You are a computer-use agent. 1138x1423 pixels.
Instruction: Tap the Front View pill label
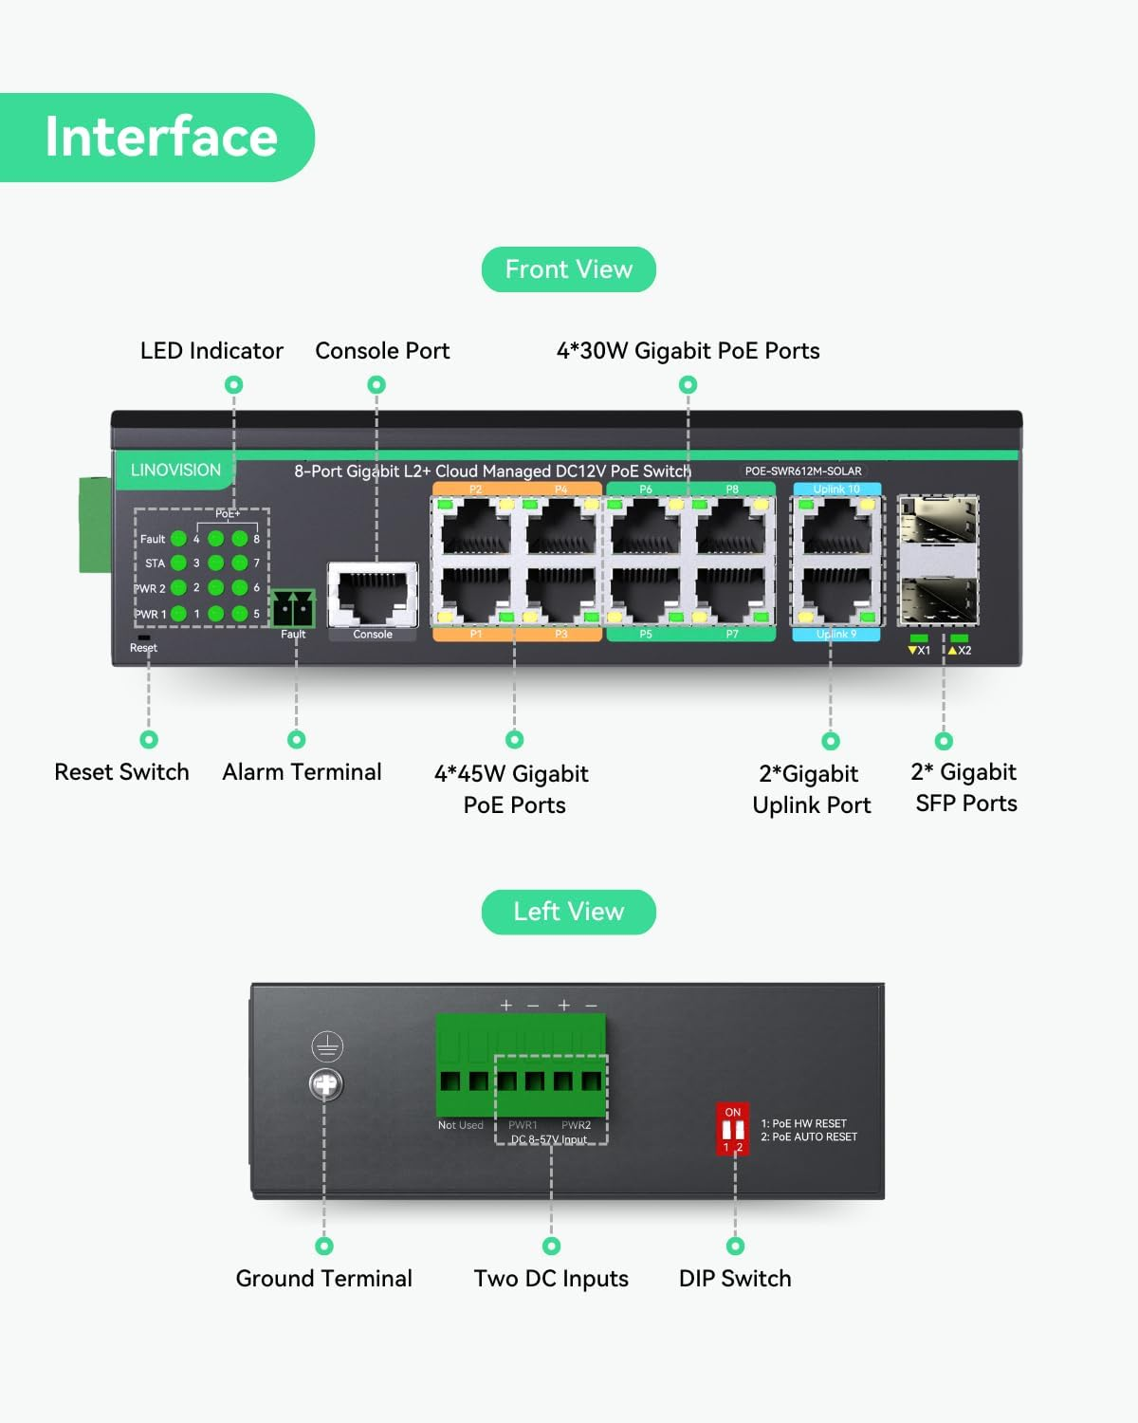[x=569, y=269]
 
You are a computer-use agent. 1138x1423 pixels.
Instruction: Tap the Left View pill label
[x=569, y=912]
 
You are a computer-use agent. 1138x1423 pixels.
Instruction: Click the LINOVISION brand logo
[x=175, y=470]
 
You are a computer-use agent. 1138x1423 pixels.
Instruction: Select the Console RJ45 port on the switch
[x=373, y=595]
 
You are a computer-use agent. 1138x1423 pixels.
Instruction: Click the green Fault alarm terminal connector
[x=293, y=607]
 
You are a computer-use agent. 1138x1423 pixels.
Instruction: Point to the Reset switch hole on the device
[x=144, y=638]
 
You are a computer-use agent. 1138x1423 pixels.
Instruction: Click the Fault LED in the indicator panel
[x=178, y=539]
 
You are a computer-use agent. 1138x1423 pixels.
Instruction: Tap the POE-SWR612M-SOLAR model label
[x=803, y=471]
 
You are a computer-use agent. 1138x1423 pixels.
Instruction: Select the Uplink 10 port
[x=836, y=527]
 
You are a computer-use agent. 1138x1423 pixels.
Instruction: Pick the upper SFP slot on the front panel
[x=938, y=522]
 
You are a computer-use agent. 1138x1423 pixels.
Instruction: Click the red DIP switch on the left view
[x=733, y=1129]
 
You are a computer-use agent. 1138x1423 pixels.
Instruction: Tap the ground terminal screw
[x=326, y=1084]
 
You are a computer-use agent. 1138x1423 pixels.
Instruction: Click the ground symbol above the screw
[x=327, y=1046]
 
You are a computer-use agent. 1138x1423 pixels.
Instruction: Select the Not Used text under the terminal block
[x=460, y=1125]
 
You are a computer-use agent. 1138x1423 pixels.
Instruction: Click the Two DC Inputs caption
[x=551, y=1279]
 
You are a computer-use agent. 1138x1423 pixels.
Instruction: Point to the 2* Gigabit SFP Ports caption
[x=965, y=787]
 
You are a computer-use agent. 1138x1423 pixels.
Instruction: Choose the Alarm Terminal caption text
[x=302, y=772]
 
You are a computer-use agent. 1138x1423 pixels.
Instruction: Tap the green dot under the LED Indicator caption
[x=234, y=384]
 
